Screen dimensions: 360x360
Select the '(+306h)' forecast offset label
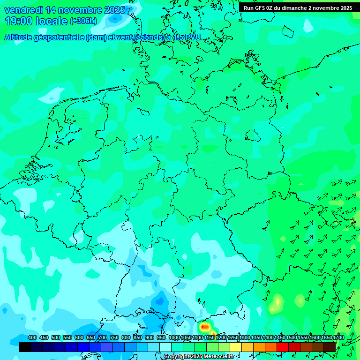83,21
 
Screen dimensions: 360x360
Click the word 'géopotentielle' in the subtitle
59,37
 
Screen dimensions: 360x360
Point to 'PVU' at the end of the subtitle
191,37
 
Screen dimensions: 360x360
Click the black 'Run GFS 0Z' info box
298,8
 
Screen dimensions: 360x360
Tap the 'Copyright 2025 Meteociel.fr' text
199,357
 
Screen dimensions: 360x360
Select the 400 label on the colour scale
32,337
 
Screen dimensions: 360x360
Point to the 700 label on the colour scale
103,337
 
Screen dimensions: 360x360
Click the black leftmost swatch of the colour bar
25,347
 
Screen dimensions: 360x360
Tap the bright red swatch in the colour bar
283,347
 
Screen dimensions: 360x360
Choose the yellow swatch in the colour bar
236,347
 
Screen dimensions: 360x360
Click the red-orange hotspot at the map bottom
204,327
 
